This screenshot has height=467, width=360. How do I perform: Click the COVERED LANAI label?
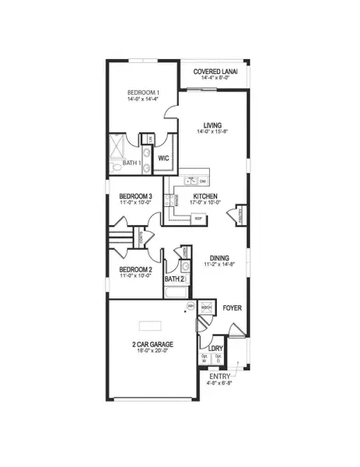[x=215, y=72]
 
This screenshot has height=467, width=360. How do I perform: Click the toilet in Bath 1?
[x=116, y=167]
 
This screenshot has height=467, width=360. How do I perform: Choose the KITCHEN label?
[x=205, y=197]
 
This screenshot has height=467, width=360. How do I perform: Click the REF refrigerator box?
[x=198, y=219]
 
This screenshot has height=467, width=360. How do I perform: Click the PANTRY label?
[x=240, y=214]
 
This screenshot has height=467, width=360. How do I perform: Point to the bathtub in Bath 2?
[x=176, y=294]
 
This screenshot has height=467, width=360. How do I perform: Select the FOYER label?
[x=232, y=308]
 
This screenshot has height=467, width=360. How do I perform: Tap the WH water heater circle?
[x=190, y=307]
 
